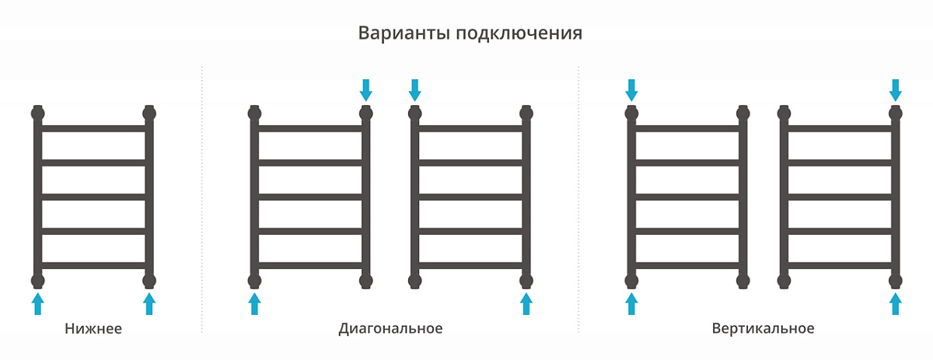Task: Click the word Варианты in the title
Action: (x=404, y=33)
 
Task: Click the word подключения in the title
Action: (x=519, y=33)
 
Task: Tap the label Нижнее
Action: (x=93, y=328)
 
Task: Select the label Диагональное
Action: (x=390, y=328)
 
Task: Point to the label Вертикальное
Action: (x=763, y=328)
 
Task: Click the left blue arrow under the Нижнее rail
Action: (x=38, y=304)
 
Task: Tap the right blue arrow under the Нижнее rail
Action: (x=149, y=304)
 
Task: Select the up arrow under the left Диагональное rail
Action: (x=254, y=304)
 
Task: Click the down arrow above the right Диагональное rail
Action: (x=415, y=90)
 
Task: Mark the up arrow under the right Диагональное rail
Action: (x=526, y=304)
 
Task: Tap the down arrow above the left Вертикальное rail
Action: (x=631, y=90)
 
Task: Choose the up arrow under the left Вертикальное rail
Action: (x=631, y=304)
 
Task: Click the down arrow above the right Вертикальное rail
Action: (x=896, y=90)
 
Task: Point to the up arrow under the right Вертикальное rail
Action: (x=896, y=304)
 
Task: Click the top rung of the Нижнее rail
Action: (x=93, y=128)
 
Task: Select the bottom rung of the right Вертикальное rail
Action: (x=840, y=265)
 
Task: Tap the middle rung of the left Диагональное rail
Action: (x=310, y=197)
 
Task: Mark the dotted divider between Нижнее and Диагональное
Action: (x=202, y=199)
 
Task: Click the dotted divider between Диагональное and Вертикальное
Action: (x=578, y=199)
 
